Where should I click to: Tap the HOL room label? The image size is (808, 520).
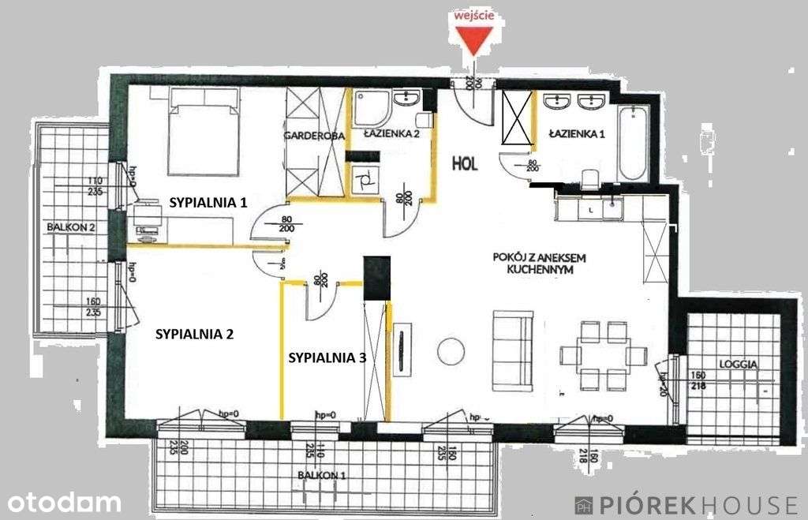click(466, 163)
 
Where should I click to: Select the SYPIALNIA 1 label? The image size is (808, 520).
click(208, 202)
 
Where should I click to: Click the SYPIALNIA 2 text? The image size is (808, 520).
click(195, 333)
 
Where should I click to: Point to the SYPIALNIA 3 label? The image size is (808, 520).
click(327, 357)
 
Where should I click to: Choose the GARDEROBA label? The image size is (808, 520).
click(315, 136)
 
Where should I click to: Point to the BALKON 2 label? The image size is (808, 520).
click(71, 226)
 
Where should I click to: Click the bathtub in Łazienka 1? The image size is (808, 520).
click(634, 144)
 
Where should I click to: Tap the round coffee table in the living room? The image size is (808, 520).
click(451, 351)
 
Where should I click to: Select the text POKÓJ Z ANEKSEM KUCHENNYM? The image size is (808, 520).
click(539, 263)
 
